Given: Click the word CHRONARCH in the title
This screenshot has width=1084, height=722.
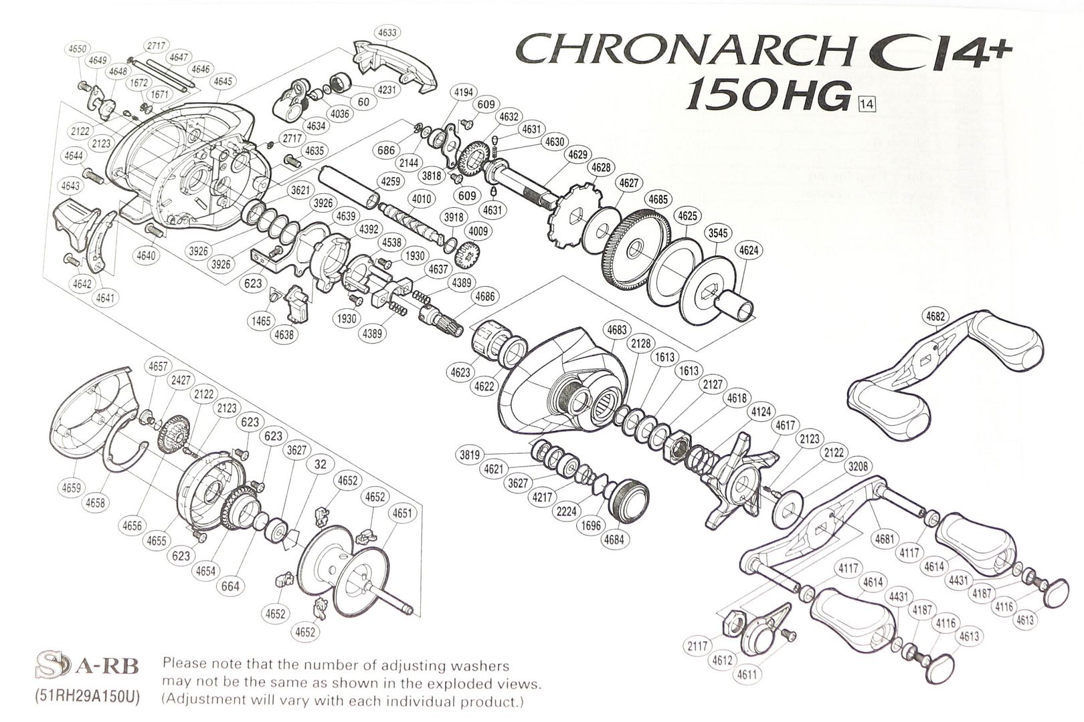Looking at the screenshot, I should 683,50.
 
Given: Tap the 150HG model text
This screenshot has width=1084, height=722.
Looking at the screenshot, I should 767,98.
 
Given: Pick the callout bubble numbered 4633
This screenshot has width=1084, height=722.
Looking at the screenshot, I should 387,32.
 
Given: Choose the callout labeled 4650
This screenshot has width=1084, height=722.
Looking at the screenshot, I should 78,49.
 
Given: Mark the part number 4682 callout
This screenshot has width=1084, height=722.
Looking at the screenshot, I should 935,316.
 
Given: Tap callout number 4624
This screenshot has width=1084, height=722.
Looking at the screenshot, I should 749,251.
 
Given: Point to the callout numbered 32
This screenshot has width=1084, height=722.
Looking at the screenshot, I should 321,464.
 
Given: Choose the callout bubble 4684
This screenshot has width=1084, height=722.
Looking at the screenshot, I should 614,539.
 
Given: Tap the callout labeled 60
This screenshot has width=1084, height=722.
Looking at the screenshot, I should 363,102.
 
